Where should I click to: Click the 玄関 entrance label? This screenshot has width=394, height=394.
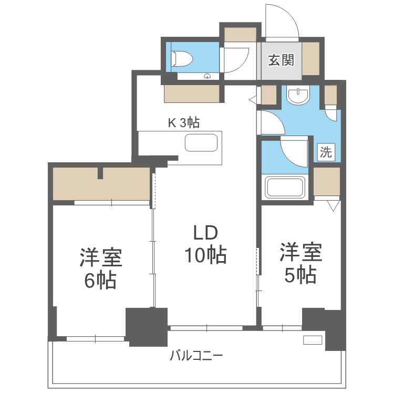coord(281,60)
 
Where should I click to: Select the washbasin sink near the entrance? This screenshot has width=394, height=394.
coord(299,96)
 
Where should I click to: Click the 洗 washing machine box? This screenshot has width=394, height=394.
coord(326,153)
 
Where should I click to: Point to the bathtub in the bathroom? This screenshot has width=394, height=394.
coord(286,188)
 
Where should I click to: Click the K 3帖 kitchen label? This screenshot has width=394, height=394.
coord(183,123)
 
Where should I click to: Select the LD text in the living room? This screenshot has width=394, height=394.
coord(204,233)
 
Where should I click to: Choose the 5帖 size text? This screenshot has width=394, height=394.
coord(300,275)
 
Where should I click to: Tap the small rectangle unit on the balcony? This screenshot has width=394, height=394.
coord(313,340)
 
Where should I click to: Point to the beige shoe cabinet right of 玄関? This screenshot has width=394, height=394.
coord(309,58)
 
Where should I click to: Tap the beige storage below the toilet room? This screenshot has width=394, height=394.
coord(192,94)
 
